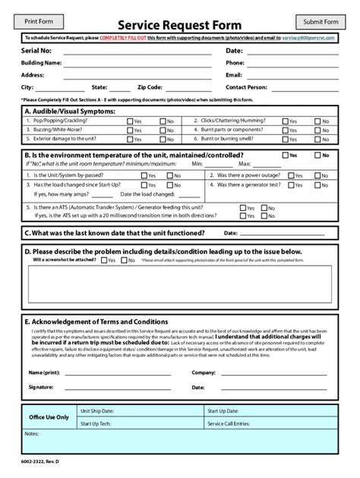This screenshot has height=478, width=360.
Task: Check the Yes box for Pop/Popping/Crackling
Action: pos(130,121)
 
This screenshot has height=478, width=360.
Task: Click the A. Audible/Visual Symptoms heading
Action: pos(71,111)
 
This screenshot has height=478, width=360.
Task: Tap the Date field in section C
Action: pos(285,234)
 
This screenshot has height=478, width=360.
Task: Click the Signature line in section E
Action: pos(114,387)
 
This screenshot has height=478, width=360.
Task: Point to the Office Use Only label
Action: pos(48,417)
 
